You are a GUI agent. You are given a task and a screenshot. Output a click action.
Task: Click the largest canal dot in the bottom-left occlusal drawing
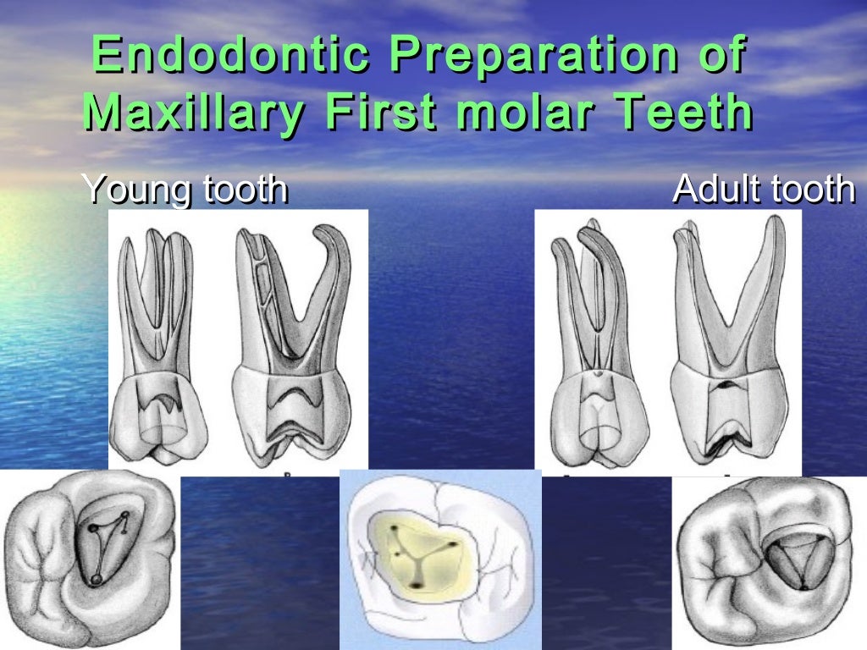[96, 579]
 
